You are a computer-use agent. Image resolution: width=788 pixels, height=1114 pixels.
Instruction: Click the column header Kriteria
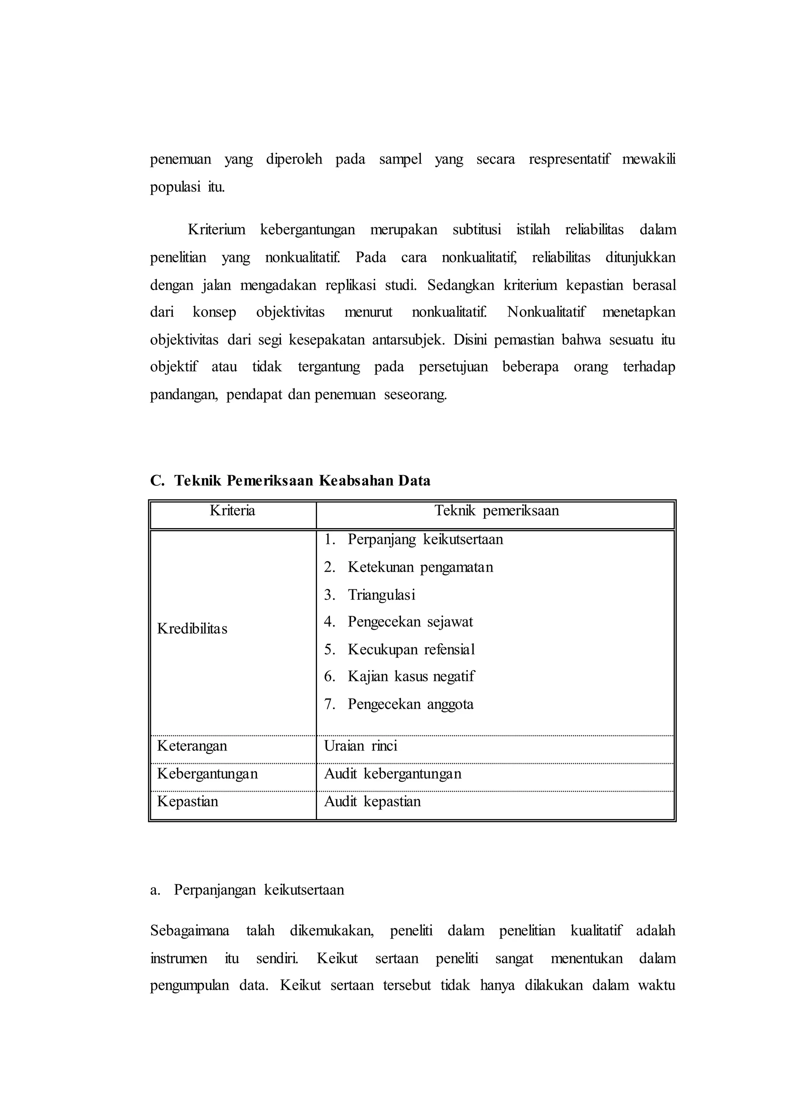coord(232,510)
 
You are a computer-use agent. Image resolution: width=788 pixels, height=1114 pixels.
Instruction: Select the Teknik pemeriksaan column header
coord(496,510)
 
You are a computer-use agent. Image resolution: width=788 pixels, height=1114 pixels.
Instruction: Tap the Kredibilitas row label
coord(192,629)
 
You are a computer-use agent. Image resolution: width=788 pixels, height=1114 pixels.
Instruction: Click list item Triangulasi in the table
coord(381,595)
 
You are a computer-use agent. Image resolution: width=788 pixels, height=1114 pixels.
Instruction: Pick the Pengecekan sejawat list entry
coord(410,622)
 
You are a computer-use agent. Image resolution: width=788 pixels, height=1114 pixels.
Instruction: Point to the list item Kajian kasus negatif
coord(411,676)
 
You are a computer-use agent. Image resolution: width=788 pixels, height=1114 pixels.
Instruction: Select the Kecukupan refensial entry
coord(411,649)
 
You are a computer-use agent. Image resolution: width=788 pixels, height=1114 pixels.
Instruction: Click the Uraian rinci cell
coord(361,746)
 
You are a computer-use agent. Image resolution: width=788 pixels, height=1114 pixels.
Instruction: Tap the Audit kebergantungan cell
coord(392,774)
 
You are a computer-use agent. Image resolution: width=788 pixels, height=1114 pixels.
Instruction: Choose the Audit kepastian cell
coord(372,801)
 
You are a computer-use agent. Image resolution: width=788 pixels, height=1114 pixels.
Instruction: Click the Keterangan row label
coord(192,746)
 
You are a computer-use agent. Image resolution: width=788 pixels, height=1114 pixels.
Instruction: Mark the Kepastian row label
coord(188,801)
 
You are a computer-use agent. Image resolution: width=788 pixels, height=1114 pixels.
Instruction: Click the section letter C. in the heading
coord(157,481)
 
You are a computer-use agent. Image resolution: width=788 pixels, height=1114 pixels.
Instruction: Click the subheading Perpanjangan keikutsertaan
coord(259,890)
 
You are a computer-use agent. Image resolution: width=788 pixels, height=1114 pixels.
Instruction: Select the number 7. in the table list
coord(330,704)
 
